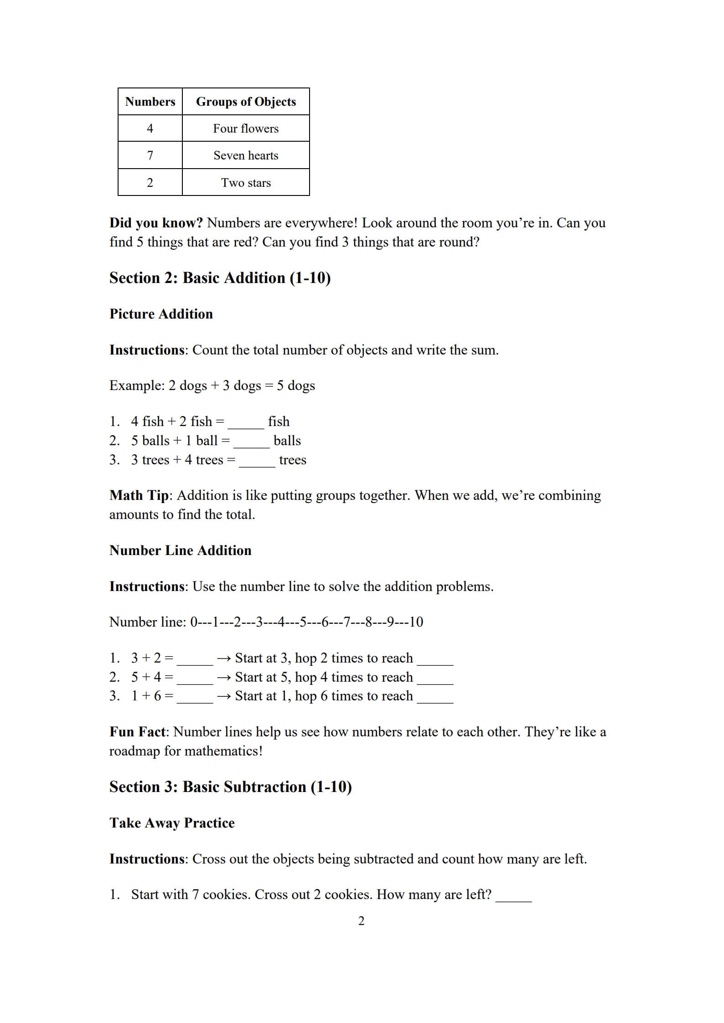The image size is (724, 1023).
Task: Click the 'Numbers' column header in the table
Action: pyautogui.click(x=150, y=101)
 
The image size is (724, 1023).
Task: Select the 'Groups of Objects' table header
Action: pyautogui.click(x=246, y=101)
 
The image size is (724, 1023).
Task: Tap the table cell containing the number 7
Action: pyautogui.click(x=150, y=155)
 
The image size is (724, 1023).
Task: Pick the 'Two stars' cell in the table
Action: pyautogui.click(x=246, y=183)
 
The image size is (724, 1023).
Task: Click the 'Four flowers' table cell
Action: pyautogui.click(x=246, y=129)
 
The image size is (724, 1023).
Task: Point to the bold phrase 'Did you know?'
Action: pyautogui.click(x=156, y=223)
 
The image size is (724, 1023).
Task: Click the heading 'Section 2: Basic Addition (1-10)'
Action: pyautogui.click(x=220, y=278)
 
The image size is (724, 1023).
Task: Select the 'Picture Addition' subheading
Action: pyautogui.click(x=161, y=314)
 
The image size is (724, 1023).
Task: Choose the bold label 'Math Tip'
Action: pyautogui.click(x=139, y=495)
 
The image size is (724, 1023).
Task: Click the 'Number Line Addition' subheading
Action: pyautogui.click(x=180, y=550)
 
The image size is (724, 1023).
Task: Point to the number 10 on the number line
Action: pyautogui.click(x=416, y=622)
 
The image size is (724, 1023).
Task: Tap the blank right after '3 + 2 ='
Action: pyautogui.click(x=195, y=660)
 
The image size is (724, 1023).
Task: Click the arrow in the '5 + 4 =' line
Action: pyautogui.click(x=224, y=678)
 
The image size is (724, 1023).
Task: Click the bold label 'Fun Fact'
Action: pyautogui.click(x=138, y=732)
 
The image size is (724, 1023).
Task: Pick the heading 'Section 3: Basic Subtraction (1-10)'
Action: pyautogui.click(x=230, y=787)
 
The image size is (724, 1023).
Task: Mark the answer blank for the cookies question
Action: pyautogui.click(x=513, y=897)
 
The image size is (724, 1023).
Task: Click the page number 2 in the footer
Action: pyautogui.click(x=362, y=921)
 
